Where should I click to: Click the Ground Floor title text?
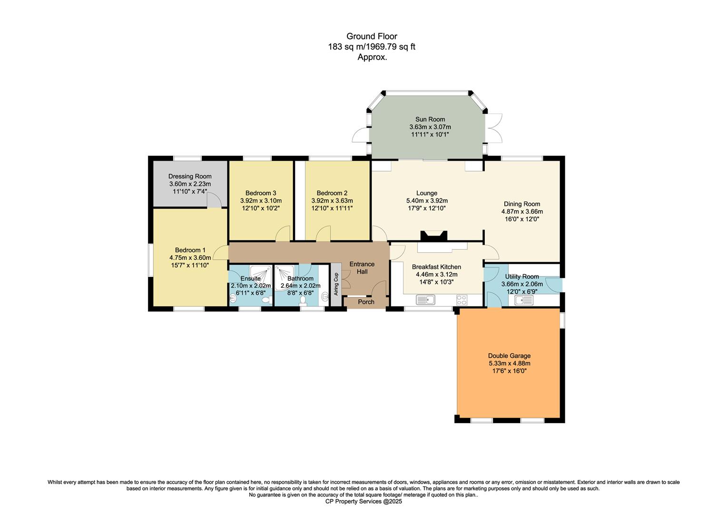(372, 36)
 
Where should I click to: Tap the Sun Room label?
(430, 119)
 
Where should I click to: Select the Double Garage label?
(509, 356)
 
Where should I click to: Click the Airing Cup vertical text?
(336, 284)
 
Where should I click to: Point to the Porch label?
(366, 302)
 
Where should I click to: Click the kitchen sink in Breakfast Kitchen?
(425, 300)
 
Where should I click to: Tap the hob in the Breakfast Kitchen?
(462, 300)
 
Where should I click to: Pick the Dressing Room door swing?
(214, 201)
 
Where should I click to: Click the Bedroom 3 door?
(284, 234)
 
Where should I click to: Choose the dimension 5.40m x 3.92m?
(426, 201)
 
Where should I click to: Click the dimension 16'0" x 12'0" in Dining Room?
(522, 219)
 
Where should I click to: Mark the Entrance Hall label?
(362, 267)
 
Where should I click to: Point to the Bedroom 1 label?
(190, 250)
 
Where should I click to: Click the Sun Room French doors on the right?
(494, 128)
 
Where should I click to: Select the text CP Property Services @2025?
(363, 501)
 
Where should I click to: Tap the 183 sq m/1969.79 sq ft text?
(372, 47)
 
